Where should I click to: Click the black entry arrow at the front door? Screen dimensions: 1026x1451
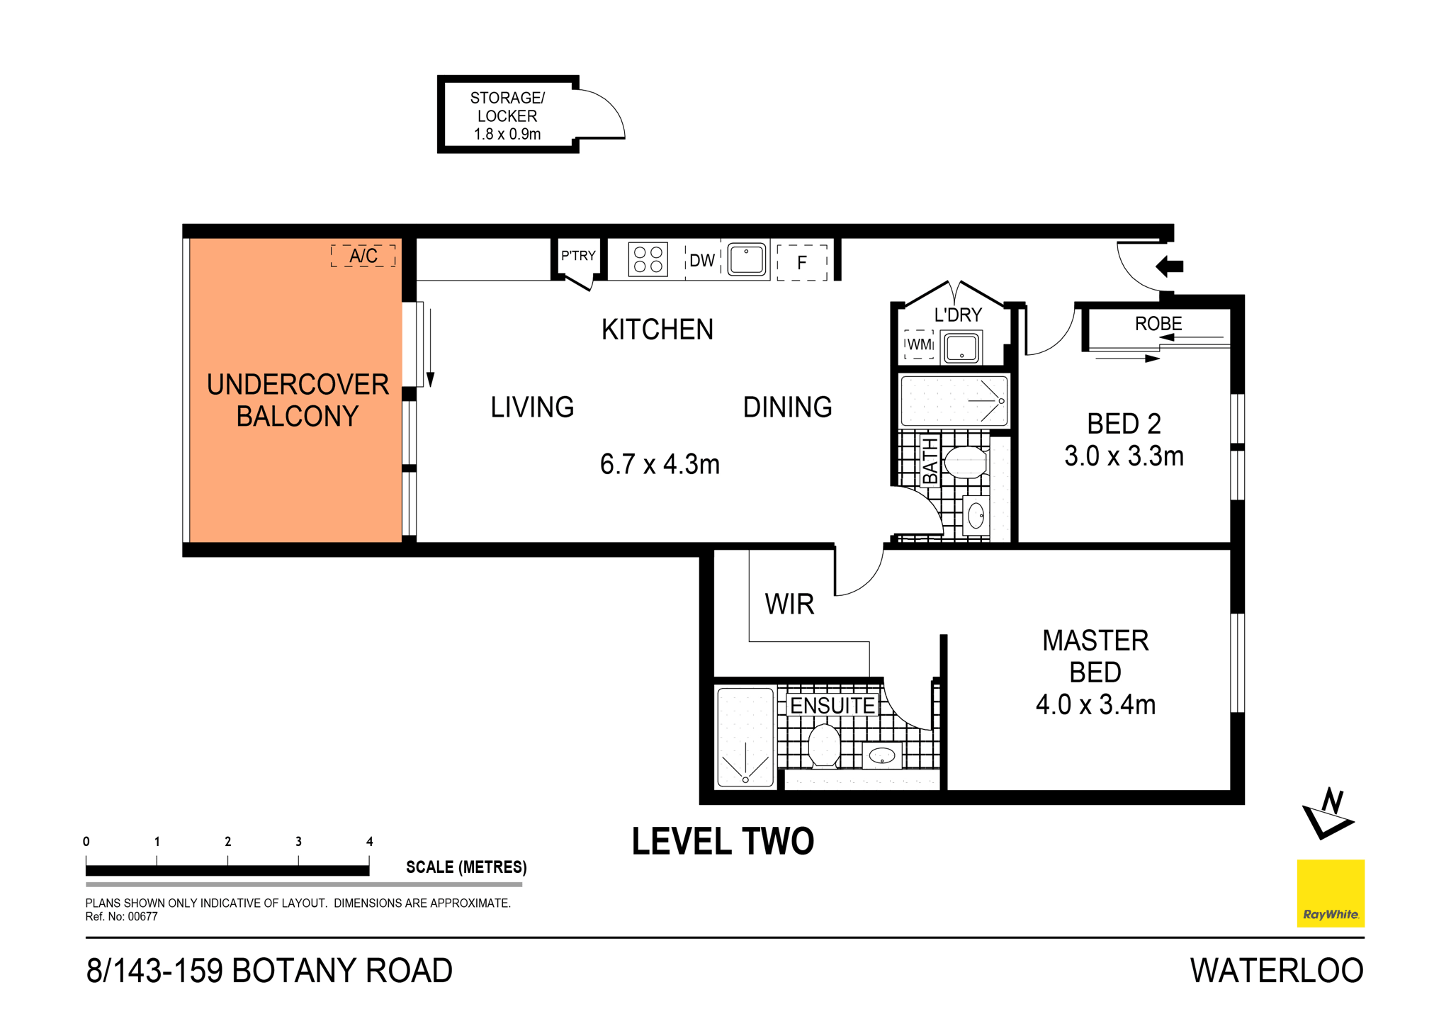[x=1170, y=266]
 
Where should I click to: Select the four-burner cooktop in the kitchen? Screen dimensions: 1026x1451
[x=648, y=259]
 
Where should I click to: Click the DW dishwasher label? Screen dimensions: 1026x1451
[x=702, y=261]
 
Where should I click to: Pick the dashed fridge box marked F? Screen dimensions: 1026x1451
[x=802, y=263]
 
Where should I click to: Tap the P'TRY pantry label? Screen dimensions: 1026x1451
[x=578, y=256]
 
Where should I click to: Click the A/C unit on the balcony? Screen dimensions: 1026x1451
[x=363, y=256]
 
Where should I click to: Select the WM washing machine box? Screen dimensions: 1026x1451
[x=919, y=344]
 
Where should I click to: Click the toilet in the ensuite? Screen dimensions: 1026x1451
[x=824, y=745]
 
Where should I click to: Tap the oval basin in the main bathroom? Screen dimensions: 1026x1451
[x=976, y=515]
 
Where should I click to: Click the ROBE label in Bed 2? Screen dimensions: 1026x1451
[x=1158, y=324]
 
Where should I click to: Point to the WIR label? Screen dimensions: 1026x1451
[x=789, y=604]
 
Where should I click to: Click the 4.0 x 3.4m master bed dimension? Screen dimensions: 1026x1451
[x=1095, y=705]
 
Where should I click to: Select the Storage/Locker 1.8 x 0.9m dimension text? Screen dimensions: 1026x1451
[x=507, y=134]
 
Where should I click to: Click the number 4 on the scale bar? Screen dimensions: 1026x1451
[x=369, y=842]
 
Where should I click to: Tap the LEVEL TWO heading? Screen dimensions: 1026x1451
[x=723, y=842]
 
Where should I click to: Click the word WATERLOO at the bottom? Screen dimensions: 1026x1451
[x=1276, y=971]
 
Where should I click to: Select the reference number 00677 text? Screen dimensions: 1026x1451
[x=142, y=917]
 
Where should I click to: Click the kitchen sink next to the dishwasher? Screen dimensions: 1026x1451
[x=747, y=259]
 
